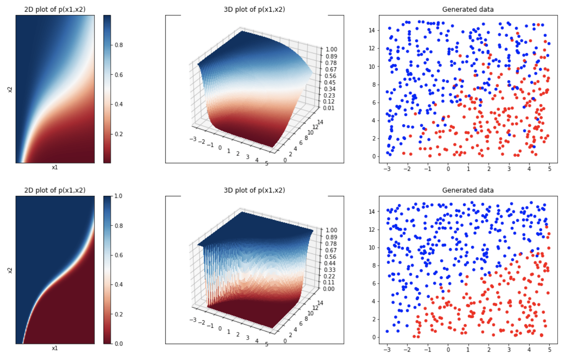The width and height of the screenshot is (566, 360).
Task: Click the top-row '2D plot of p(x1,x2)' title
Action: (x=55, y=9)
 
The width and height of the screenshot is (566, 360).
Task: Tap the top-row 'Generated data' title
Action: (x=467, y=9)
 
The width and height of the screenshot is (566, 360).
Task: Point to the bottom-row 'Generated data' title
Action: (x=467, y=190)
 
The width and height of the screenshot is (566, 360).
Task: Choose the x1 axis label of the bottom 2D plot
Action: (x=55, y=348)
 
